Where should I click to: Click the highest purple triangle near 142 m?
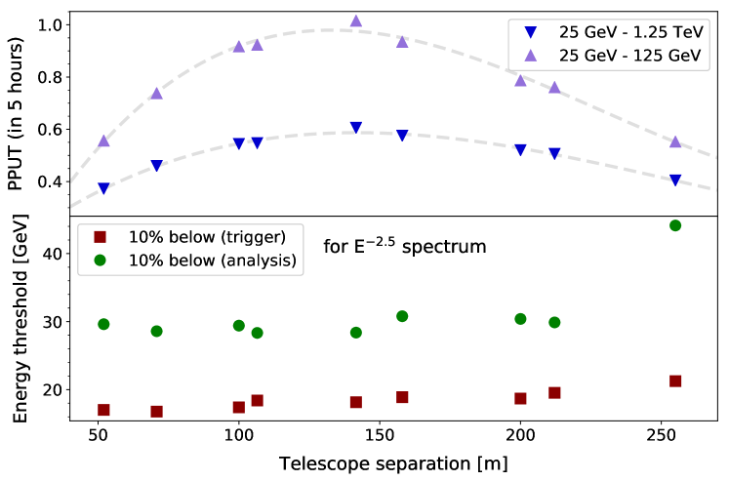[355, 20]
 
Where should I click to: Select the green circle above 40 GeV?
[674, 225]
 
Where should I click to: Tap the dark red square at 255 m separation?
[674, 381]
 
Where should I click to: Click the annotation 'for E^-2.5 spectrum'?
[404, 247]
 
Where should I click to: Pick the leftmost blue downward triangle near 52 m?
[103, 188]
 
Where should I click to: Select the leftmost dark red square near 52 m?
[103, 410]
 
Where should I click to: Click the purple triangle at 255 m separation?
[674, 141]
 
